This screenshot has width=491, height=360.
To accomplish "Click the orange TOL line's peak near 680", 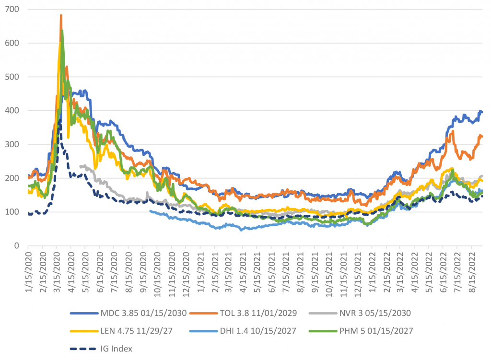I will pyautogui.click(x=61, y=15).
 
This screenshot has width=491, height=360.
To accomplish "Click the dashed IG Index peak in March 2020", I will pyautogui.click(x=59, y=120).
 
